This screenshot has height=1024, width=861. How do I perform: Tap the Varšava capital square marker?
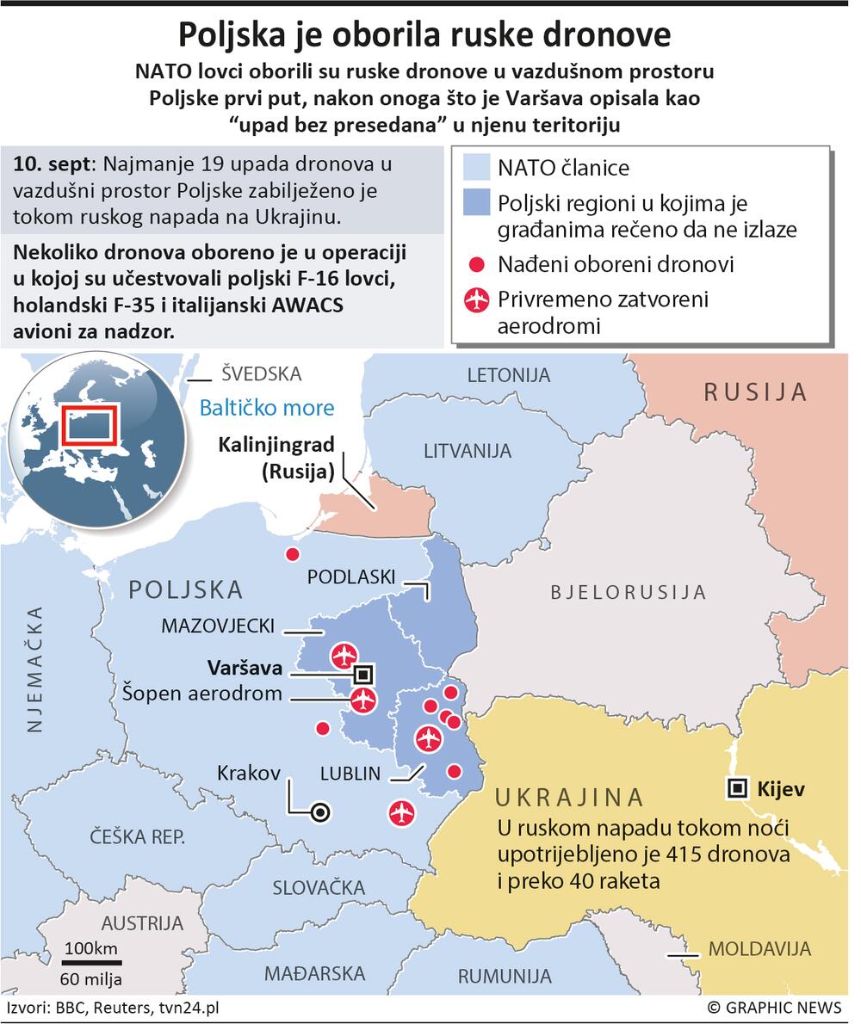coord(363,674)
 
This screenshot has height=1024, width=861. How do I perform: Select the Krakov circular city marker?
coord(320,811)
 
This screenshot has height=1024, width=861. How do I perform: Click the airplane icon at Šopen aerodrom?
coord(363,700)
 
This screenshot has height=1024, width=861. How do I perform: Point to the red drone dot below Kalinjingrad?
coord(293,554)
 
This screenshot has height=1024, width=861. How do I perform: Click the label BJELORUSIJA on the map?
coord(628,592)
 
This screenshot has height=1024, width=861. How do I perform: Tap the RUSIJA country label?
coord(755,392)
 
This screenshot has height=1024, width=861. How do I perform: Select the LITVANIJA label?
coord(468,450)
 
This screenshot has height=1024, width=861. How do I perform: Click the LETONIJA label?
coord(508,375)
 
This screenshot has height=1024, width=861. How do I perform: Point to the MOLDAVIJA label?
coord(759,949)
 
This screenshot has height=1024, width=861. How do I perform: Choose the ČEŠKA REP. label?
coord(139,836)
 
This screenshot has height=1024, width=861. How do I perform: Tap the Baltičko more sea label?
coord(266,407)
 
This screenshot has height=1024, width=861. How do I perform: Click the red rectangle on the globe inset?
coord(86,427)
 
